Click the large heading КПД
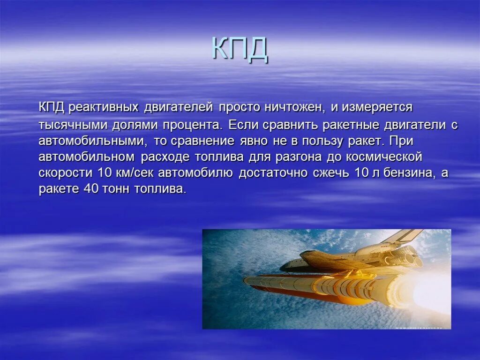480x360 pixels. pyautogui.click(x=240, y=49)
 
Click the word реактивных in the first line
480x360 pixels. pyautogui.click(x=104, y=107)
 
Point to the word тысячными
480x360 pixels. pyautogui.click(x=73, y=125)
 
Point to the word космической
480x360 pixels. pyautogui.click(x=386, y=157)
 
